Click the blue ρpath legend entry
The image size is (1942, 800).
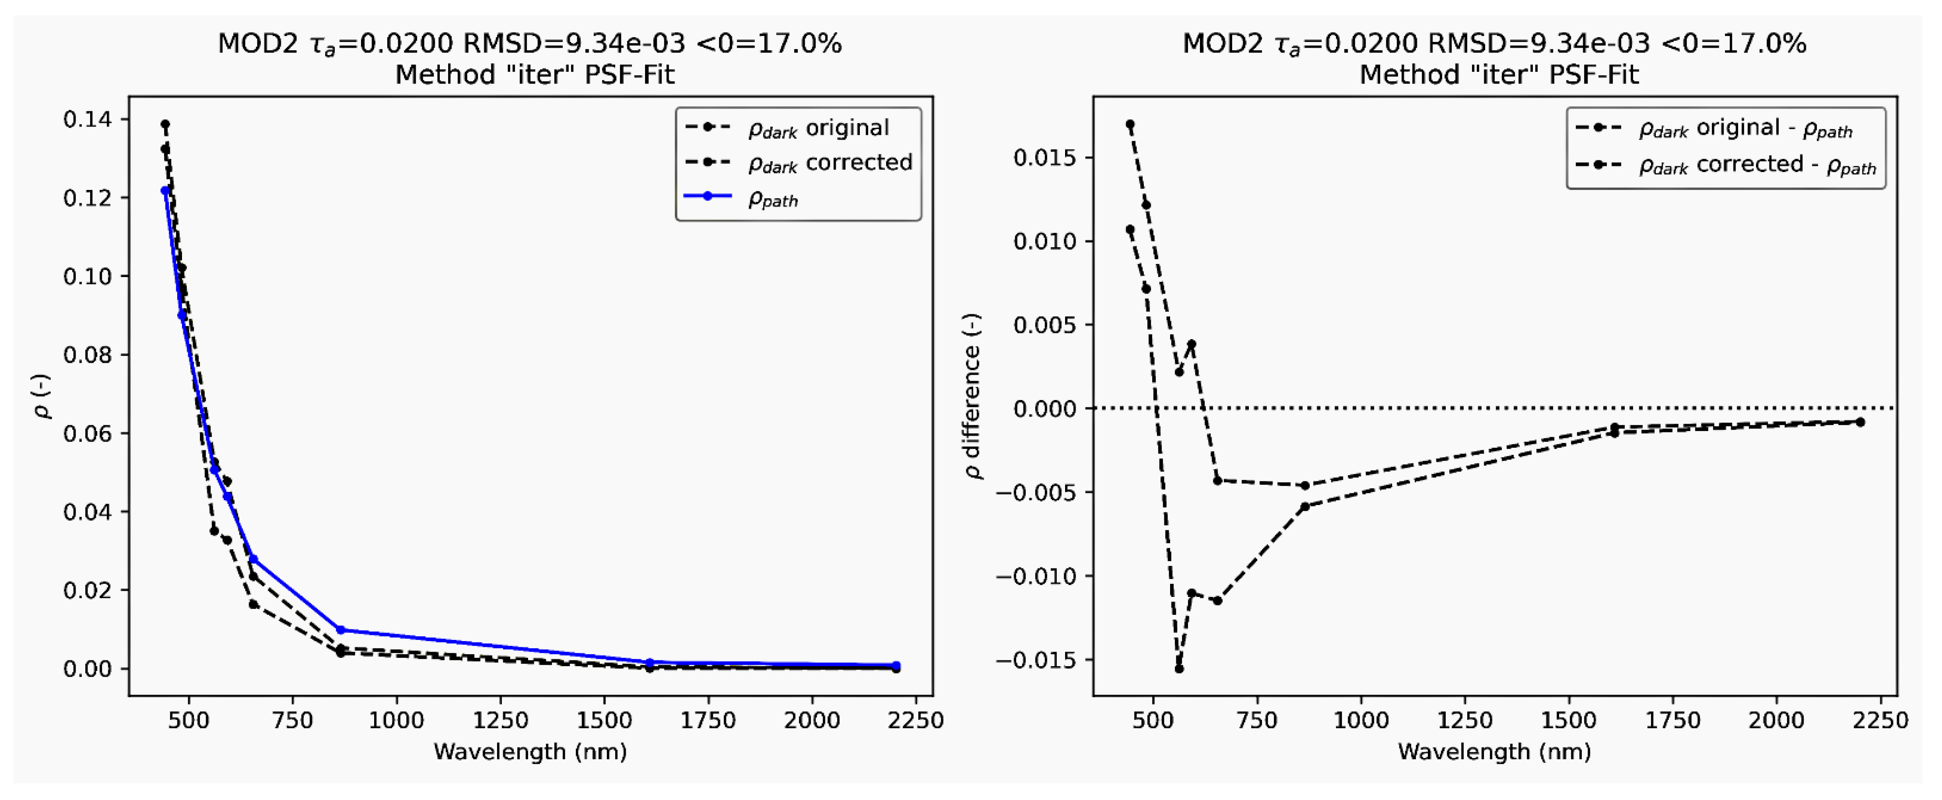773,199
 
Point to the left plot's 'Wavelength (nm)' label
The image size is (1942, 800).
530,752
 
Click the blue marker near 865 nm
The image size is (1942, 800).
340,630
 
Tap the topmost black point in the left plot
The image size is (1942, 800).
165,124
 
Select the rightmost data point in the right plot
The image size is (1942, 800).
1860,422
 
